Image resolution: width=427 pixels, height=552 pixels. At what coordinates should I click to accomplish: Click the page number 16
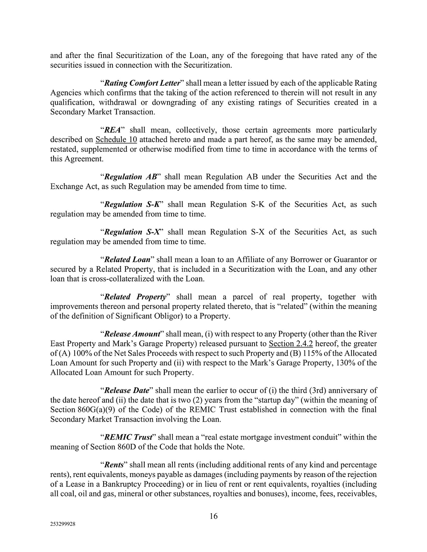click(213, 516)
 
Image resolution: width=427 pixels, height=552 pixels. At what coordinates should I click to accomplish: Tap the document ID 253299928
click(63, 525)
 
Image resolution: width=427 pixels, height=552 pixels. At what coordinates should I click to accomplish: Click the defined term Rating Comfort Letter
click(142, 83)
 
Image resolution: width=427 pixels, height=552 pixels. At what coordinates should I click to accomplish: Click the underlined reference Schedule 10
click(116, 140)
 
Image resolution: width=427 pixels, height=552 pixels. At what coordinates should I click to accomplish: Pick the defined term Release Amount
click(132, 334)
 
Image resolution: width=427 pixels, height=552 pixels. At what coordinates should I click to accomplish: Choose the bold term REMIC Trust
click(128, 437)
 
